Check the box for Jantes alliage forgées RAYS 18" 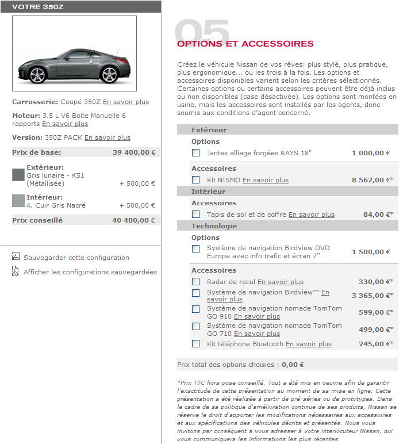pyautogui.click(x=196, y=153)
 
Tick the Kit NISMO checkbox pyautogui.click(x=196, y=180)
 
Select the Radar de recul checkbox pyautogui.click(x=196, y=282)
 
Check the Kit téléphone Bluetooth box pyautogui.click(x=196, y=344)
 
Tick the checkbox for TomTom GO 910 pyautogui.click(x=196, y=309)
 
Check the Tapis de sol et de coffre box pyautogui.click(x=196, y=215)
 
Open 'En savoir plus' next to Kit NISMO pyautogui.click(x=265, y=180)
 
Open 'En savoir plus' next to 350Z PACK pyautogui.click(x=107, y=137)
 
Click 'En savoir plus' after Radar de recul pyautogui.click(x=280, y=282)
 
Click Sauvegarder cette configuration pyautogui.click(x=76, y=258)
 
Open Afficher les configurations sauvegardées pyautogui.click(x=90, y=272)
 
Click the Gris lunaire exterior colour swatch pyautogui.click(x=18, y=175)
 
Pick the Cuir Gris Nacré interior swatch pyautogui.click(x=18, y=201)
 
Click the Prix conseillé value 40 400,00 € pyautogui.click(x=133, y=220)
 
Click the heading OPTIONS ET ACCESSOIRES pyautogui.click(x=245, y=44)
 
